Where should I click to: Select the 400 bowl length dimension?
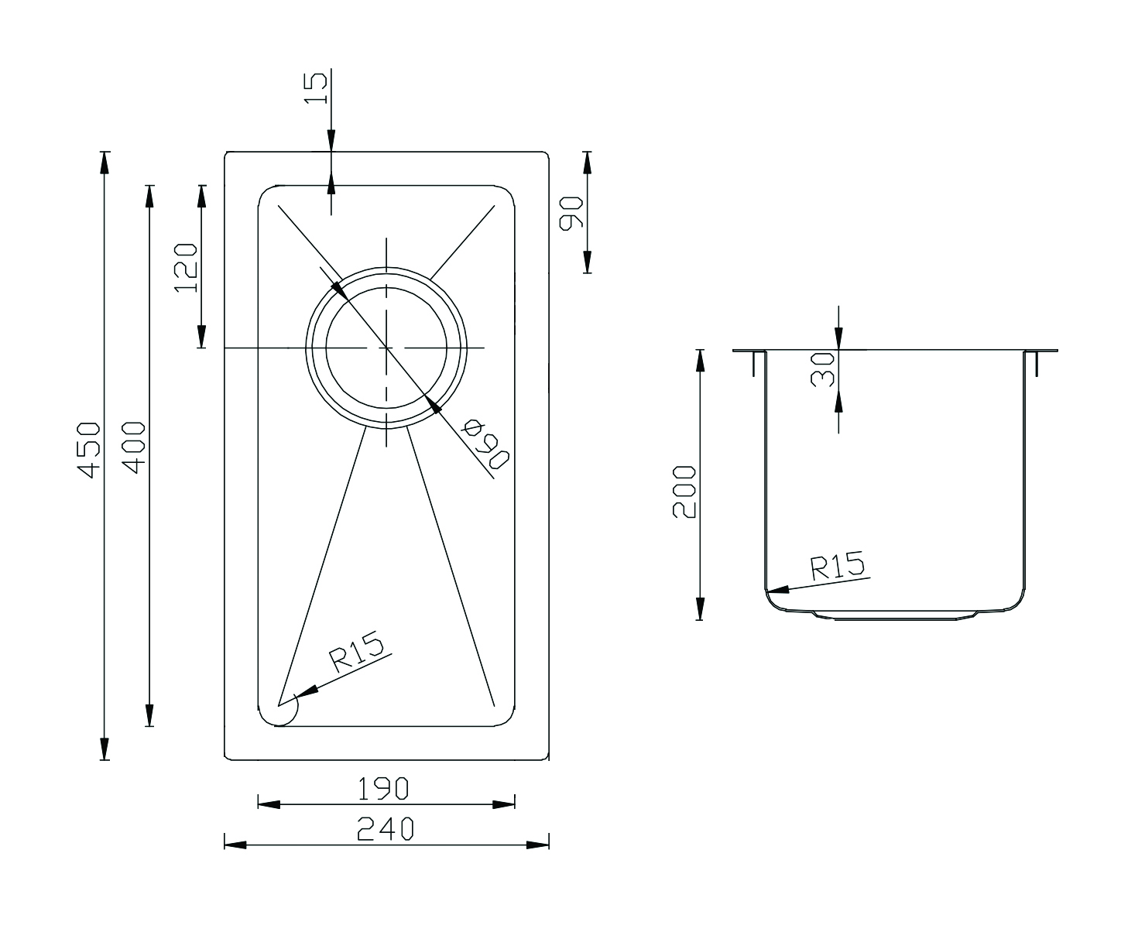point(134,447)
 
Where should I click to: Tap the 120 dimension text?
point(186,268)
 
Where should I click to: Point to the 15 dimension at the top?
point(316,87)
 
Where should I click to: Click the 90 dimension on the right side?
point(571,214)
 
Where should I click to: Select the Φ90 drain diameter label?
point(485,444)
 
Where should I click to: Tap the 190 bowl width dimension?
point(383,789)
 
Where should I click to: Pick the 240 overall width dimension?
point(386,829)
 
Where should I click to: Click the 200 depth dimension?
point(684,492)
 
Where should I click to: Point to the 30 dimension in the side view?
point(822,369)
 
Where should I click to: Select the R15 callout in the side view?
point(837,566)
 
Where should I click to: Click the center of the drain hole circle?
point(386,347)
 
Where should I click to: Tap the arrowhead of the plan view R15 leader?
point(306,692)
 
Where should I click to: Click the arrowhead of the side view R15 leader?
point(777,590)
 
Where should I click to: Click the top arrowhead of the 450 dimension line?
point(105,163)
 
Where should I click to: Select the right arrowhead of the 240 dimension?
point(537,845)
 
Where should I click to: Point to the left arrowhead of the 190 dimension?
point(269,804)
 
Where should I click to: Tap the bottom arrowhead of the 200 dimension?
point(700,608)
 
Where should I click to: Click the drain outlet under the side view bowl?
point(895,615)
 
